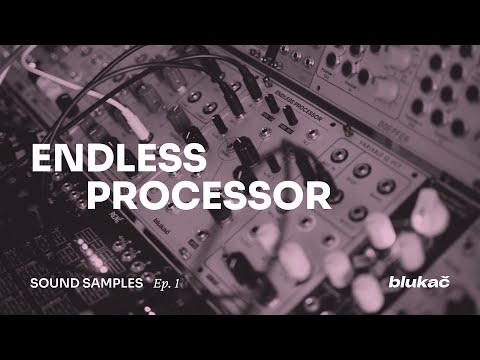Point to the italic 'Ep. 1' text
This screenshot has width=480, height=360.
169,283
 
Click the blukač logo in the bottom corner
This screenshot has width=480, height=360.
418,282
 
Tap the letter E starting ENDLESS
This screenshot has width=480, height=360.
42,159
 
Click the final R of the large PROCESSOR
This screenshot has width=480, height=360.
317,193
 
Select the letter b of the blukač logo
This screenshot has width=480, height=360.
392,281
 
